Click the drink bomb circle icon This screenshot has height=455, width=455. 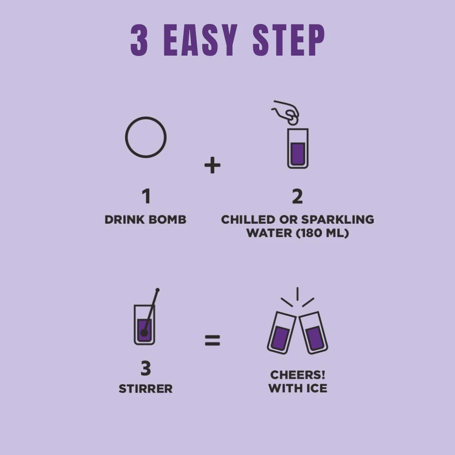146,117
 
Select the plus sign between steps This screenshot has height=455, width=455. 212,165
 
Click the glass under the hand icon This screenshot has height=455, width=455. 298,148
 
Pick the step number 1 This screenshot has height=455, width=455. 146,196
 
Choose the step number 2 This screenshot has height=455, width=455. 297,196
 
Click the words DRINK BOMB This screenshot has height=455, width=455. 145,219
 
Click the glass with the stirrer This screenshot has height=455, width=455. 145,325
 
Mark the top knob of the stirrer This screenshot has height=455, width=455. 158,290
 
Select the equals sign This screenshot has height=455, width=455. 212,340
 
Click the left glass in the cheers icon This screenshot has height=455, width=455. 281,333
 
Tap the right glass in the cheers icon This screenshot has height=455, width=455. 314,333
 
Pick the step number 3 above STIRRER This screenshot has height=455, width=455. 146,368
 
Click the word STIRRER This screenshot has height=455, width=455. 146,389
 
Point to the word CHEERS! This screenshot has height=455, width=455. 298,375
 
